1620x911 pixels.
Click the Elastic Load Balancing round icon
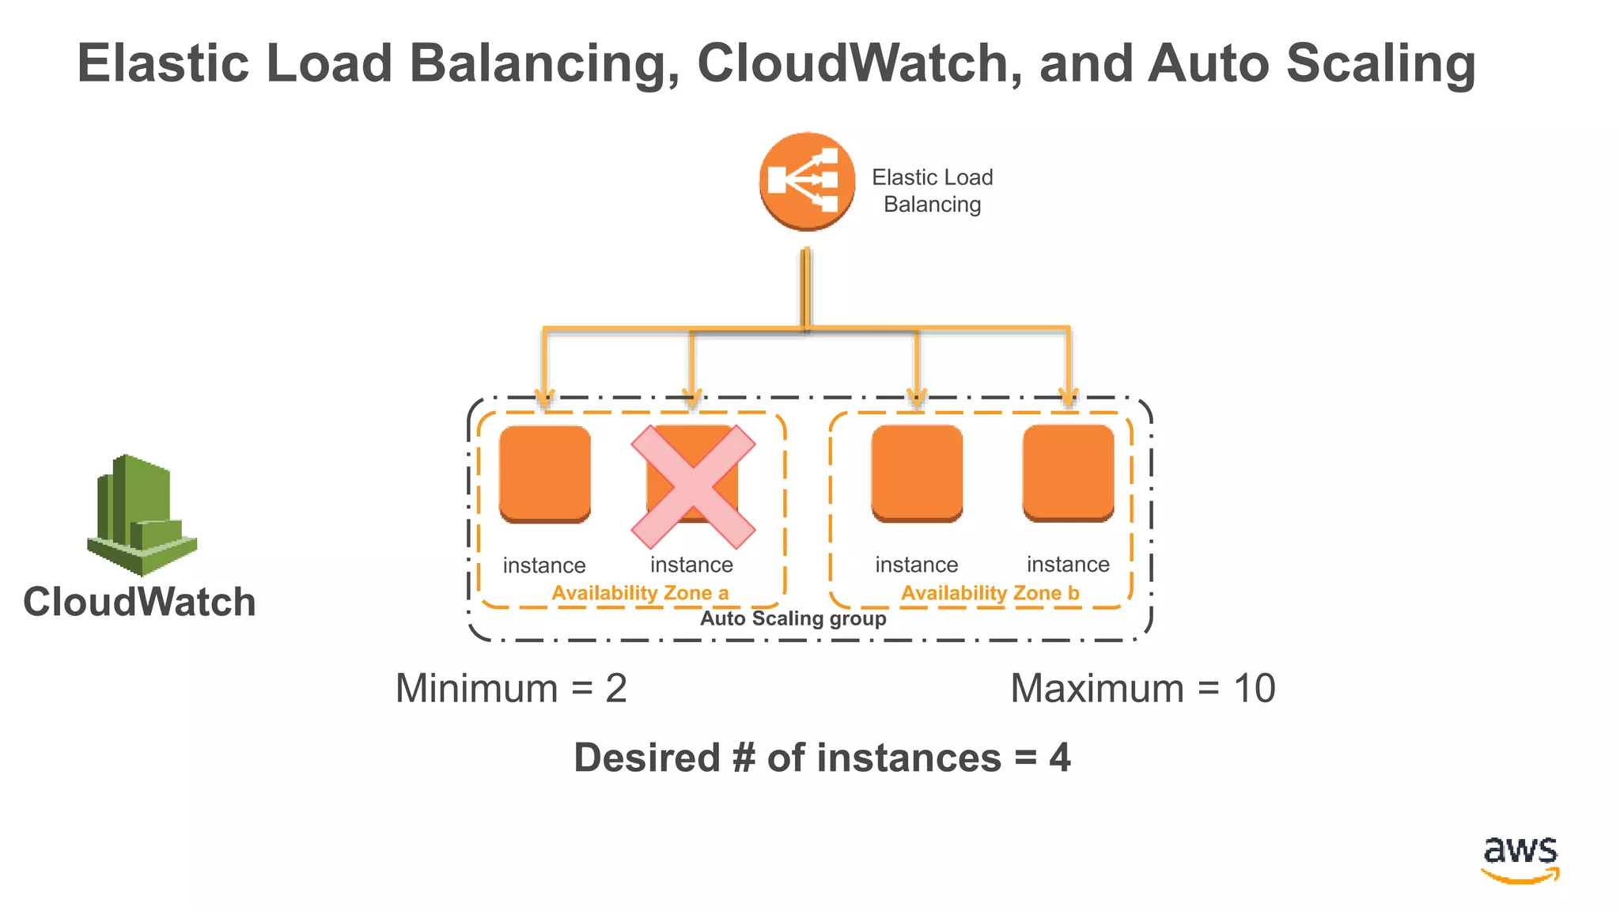tap(807, 181)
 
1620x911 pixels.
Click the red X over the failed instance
tap(693, 487)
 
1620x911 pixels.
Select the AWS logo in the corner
tap(1520, 859)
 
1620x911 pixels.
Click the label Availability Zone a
tap(639, 593)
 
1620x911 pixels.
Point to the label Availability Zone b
tap(990, 593)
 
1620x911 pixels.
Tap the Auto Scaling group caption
tap(793, 618)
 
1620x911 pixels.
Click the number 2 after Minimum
tap(616, 688)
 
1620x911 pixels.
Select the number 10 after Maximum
tap(1254, 688)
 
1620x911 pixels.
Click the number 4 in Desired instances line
tap(1060, 758)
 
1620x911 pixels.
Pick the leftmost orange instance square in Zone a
tap(545, 474)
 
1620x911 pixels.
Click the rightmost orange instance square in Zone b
tap(1068, 473)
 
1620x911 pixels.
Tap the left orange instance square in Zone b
tap(917, 473)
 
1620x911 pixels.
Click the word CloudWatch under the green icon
tap(139, 602)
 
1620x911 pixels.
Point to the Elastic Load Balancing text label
tap(932, 191)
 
